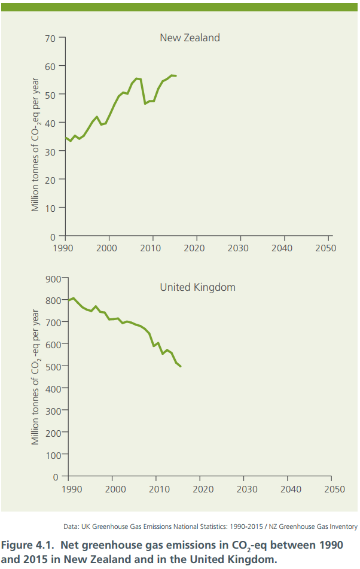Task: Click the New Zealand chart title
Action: [190, 38]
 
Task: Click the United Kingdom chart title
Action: [197, 287]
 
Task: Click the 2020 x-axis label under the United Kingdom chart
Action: [203, 489]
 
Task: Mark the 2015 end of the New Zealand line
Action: [176, 76]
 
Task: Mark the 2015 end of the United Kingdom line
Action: [181, 366]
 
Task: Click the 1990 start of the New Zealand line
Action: [66, 138]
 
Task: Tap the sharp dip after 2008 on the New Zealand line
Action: [145, 104]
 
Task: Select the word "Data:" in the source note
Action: [71, 527]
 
